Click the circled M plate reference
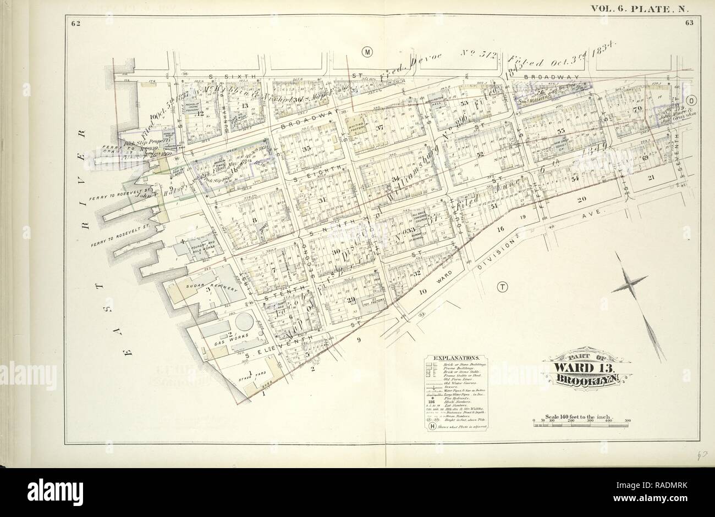tap(367, 52)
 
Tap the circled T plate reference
tap(502, 286)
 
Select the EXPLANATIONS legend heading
tap(456, 357)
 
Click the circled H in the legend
tap(432, 425)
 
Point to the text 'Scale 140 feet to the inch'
tap(580, 415)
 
